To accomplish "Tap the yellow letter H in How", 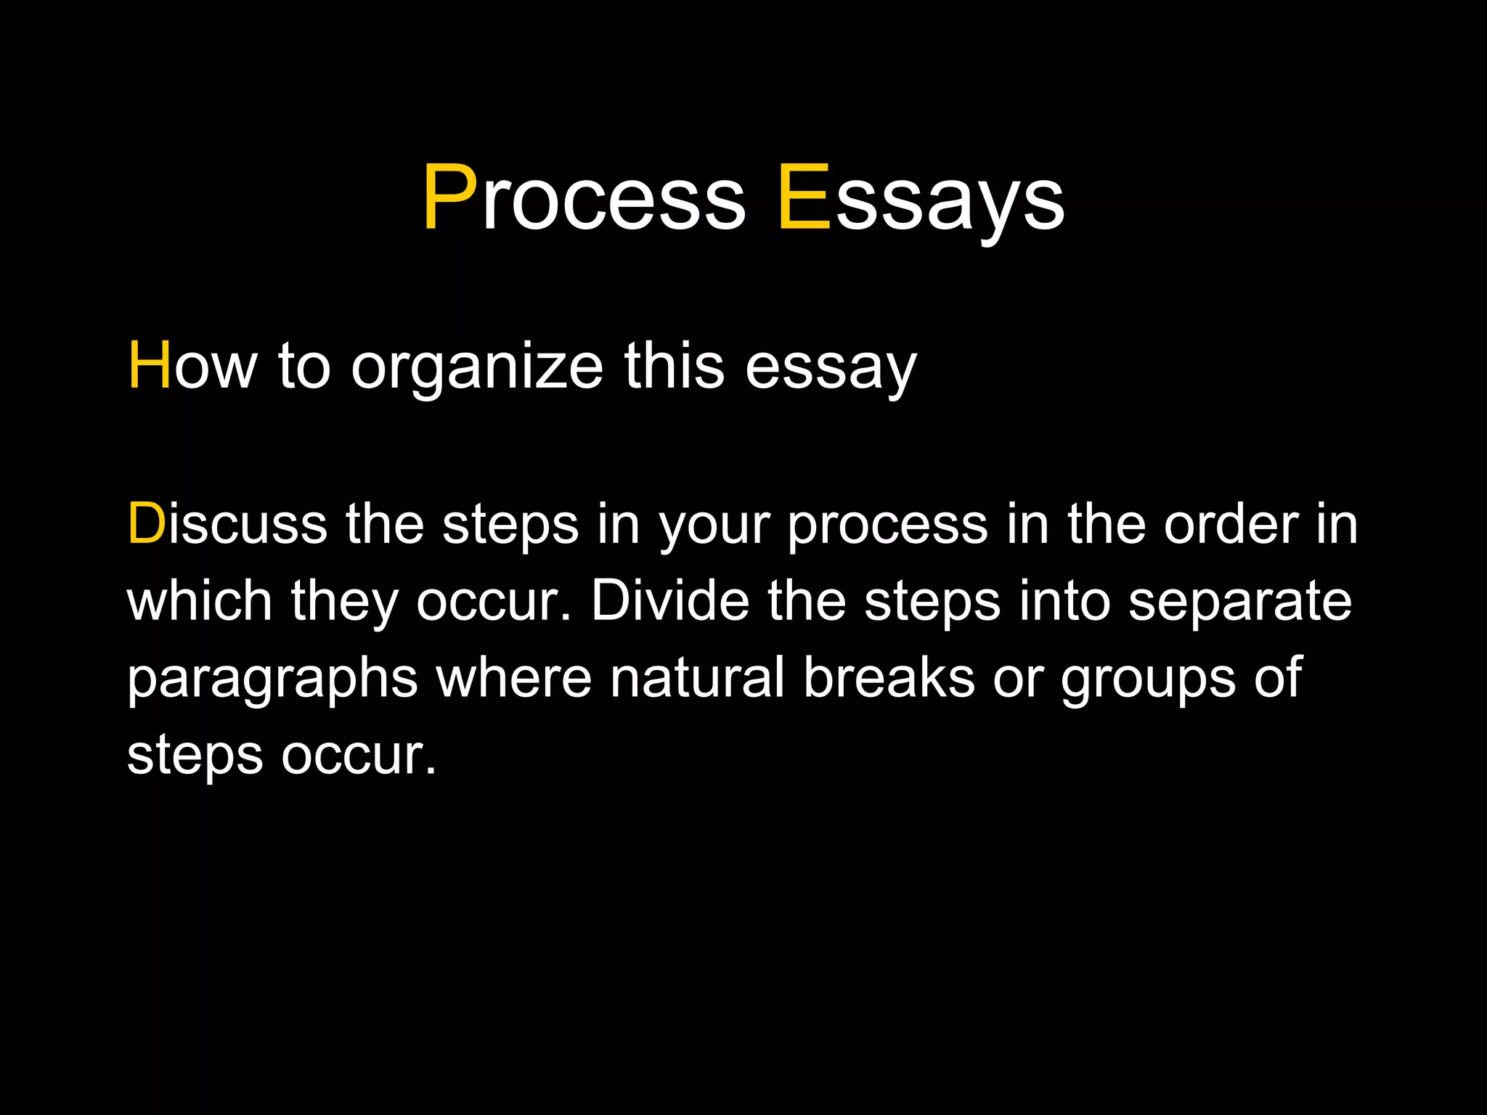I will pyautogui.click(x=150, y=367).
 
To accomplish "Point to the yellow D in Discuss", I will pyautogui.click(x=147, y=523).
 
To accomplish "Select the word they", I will pyautogui.click(x=344, y=603).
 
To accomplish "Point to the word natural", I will pyautogui.click(x=697, y=678).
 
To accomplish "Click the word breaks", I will pyautogui.click(x=889, y=678).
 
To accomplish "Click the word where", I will pyautogui.click(x=513, y=678).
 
